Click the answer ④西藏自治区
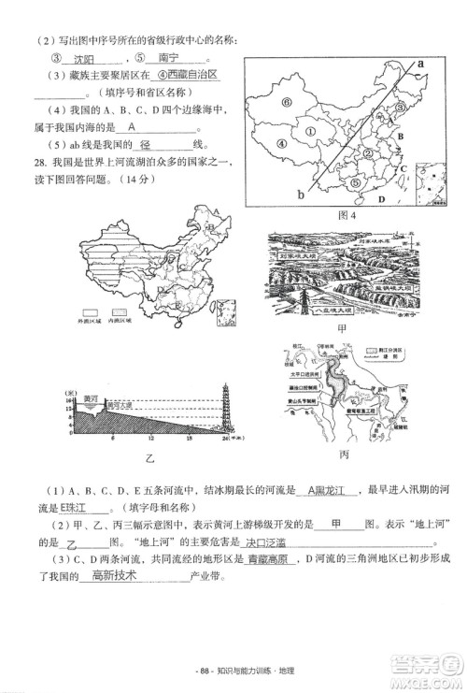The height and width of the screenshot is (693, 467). (187, 74)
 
